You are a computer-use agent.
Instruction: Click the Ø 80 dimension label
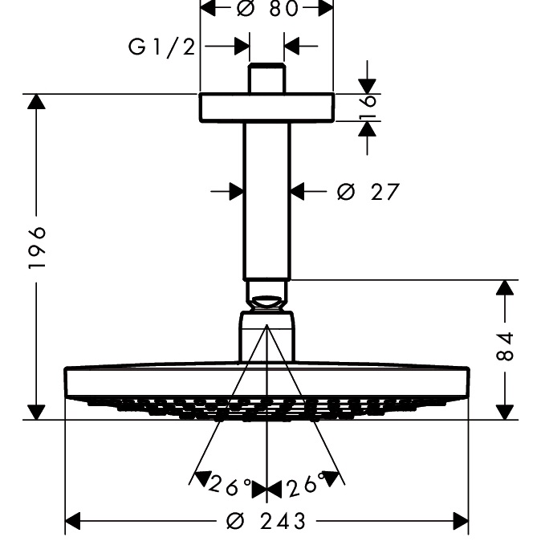tap(266, 9)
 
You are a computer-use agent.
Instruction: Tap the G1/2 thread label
tap(161, 47)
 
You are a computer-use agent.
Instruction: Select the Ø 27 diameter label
tap(367, 192)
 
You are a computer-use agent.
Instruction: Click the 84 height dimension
tap(504, 345)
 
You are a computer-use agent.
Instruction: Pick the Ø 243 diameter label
tap(266, 522)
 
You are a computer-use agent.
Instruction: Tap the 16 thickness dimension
tap(368, 108)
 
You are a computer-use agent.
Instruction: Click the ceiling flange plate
tap(266, 107)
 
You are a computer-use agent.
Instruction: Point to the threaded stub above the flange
tap(266, 79)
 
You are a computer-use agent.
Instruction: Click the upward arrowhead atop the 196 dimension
tap(35, 103)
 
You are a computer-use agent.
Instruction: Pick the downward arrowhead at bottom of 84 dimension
tap(504, 411)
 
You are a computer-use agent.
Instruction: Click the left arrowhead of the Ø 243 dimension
tap(74, 522)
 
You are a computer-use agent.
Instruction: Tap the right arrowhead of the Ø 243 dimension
tap(459, 522)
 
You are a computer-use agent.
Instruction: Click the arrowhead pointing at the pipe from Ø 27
tap(298, 191)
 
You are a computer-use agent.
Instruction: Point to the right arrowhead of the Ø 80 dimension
tap(323, 9)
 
